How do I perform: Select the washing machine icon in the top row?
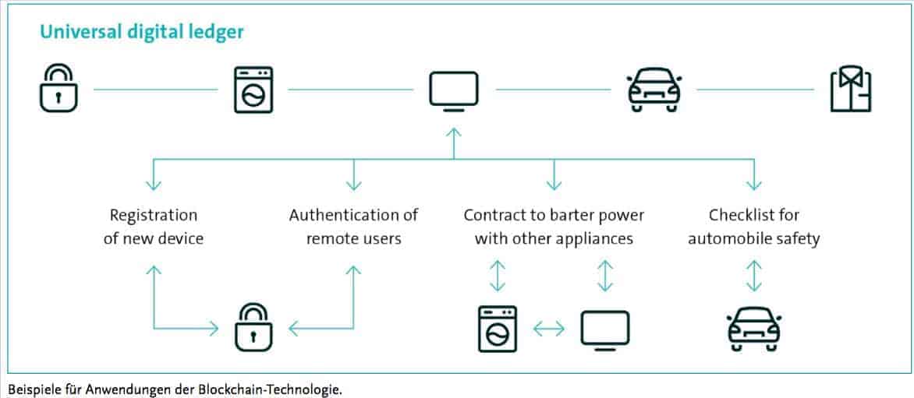coord(253,90)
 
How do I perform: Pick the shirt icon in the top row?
coord(851,90)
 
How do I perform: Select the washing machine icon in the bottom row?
coord(498,329)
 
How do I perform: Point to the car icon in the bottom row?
coord(754,329)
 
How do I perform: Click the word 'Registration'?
coord(154,215)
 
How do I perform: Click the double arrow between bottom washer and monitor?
coord(548,329)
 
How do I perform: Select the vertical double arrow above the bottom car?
coord(754,275)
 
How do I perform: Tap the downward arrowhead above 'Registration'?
coord(154,185)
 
